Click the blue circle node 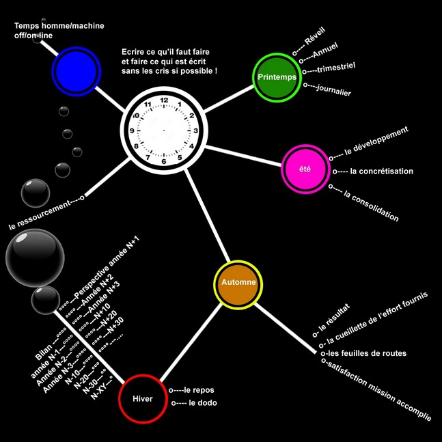[x=77, y=71]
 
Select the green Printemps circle [x=277, y=77]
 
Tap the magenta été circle [x=305, y=169]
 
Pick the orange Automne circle [x=238, y=285]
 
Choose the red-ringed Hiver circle [x=143, y=398]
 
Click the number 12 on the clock [x=164, y=100]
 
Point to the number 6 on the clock [x=164, y=161]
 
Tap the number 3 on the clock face [x=195, y=130]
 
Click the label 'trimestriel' [x=336, y=68]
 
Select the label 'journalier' [x=334, y=90]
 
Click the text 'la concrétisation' [x=381, y=171]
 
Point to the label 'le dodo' [x=203, y=403]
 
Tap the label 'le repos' [x=199, y=390]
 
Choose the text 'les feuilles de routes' [x=367, y=353]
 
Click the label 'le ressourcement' [x=39, y=215]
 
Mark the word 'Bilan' [x=44, y=353]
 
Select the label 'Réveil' [x=315, y=36]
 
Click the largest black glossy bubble [x=35, y=258]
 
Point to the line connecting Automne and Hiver [x=191, y=342]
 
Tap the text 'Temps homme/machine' [x=59, y=26]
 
